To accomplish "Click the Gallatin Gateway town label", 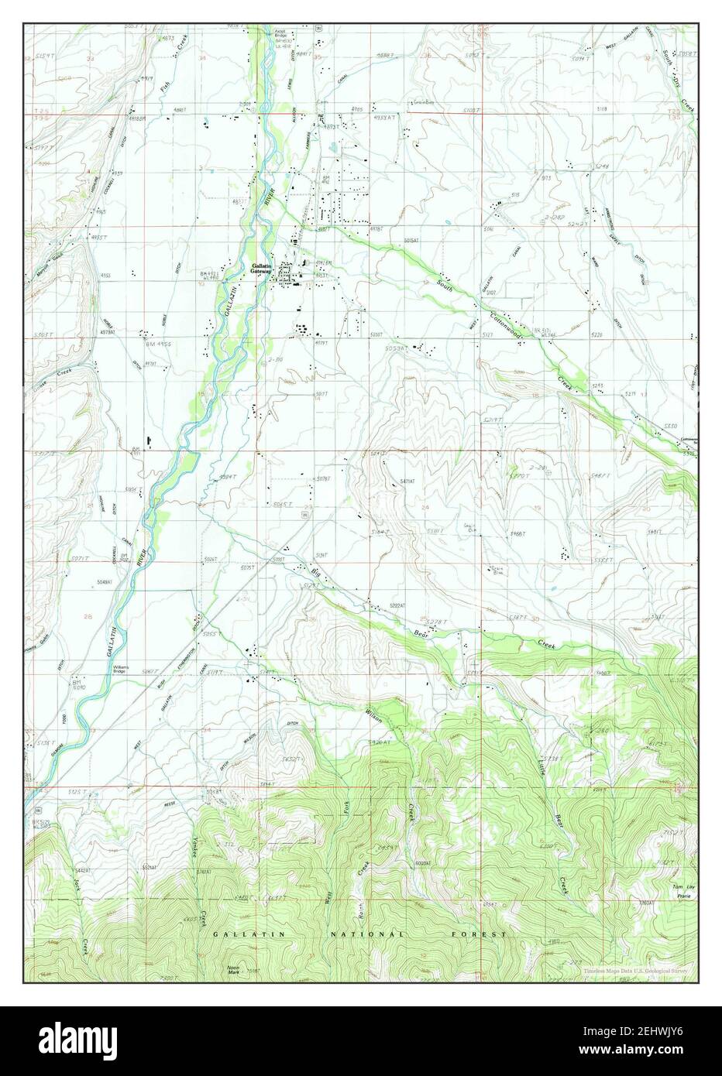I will click(x=261, y=269).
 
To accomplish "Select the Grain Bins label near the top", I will click(x=425, y=101).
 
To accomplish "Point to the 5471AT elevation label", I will click(x=408, y=481).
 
